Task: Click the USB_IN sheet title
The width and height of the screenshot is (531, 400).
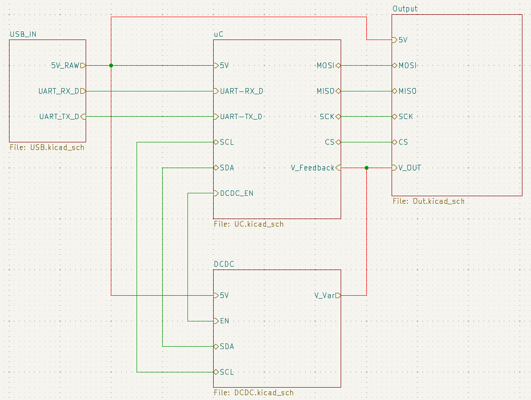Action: click(23, 34)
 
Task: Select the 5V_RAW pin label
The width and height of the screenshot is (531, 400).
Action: click(65, 65)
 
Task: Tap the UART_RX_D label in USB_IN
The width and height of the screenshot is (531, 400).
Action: click(59, 91)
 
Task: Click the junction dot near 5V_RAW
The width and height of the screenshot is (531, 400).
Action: click(111, 65)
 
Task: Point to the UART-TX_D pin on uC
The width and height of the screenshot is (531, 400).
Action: click(241, 117)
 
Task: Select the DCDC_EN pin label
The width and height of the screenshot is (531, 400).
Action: click(236, 193)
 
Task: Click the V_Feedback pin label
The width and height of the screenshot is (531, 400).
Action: click(313, 168)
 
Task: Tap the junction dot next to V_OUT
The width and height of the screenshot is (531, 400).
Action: click(366, 168)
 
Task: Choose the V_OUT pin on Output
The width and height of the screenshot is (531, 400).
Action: click(410, 168)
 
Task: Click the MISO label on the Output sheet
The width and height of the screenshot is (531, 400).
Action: click(407, 91)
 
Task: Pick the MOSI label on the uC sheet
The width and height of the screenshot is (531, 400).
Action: click(326, 65)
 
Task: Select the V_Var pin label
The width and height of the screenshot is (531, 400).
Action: click(325, 295)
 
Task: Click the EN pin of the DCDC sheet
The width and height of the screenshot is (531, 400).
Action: click(225, 321)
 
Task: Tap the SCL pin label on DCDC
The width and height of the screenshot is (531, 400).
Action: click(226, 372)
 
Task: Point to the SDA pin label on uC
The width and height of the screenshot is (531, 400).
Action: click(226, 168)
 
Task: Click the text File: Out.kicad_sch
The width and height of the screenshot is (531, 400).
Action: click(428, 201)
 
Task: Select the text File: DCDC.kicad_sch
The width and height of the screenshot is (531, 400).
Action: click(254, 393)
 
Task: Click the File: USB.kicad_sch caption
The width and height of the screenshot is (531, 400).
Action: click(47, 148)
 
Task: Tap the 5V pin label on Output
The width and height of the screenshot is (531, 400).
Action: click(403, 40)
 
